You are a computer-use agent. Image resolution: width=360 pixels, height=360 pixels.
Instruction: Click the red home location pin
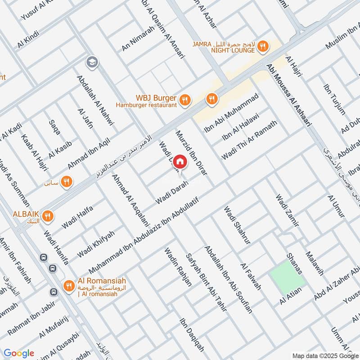point(180,162)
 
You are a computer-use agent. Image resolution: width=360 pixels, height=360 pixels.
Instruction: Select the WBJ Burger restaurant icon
point(184,100)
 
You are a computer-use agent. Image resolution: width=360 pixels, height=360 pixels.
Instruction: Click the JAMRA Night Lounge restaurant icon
point(264,45)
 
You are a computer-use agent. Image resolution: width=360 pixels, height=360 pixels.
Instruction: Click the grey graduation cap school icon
point(92,61)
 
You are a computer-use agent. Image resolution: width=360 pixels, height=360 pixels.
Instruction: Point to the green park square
point(287,275)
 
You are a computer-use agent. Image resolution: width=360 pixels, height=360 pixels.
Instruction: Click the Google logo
point(19,353)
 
